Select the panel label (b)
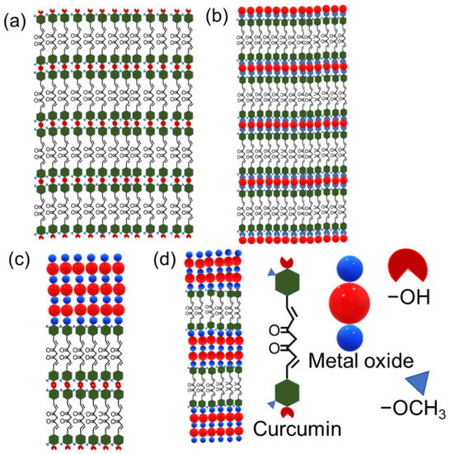click(218, 13)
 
